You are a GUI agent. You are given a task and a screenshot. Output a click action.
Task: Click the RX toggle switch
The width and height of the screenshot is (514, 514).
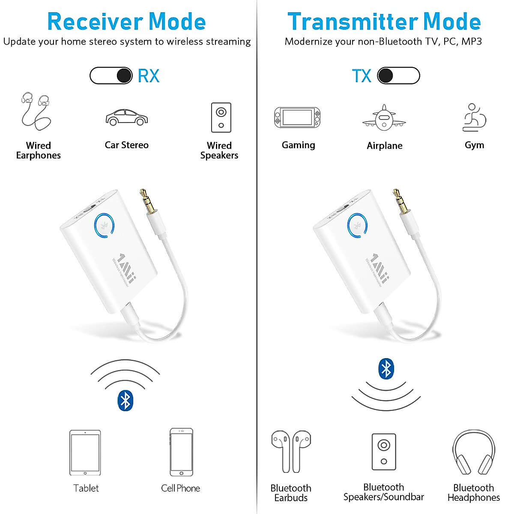pos(111,76)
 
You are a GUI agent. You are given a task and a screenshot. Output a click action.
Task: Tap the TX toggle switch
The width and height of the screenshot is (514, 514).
pos(398,76)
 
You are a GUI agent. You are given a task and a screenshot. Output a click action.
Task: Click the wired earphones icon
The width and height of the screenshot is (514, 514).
pos(36,111)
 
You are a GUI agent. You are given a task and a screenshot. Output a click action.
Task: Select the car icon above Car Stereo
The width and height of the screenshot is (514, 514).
pos(127,117)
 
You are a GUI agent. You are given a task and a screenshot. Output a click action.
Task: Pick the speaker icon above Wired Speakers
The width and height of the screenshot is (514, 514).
pos(221,117)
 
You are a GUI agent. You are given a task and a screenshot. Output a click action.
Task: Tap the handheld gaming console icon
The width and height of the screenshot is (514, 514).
pos(297,117)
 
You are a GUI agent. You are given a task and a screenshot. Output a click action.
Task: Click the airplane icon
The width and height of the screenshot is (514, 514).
pos(384,117)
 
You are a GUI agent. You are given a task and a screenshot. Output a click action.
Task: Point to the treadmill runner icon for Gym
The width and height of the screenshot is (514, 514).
pos(474,117)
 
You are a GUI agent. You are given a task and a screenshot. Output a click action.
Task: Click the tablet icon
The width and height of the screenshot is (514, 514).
pos(85,453)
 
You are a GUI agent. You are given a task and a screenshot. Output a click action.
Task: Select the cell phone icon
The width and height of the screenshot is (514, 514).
pos(181,452)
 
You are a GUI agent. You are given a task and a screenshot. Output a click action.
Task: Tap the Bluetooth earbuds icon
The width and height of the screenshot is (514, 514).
pos(291,451)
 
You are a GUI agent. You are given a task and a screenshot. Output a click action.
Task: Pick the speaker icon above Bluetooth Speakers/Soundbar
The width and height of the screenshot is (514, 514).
pos(384,452)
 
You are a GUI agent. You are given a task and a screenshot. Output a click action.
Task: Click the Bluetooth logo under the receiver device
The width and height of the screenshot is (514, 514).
pos(125,401)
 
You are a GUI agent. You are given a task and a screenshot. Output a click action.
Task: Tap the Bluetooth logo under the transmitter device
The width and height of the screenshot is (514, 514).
pos(386,369)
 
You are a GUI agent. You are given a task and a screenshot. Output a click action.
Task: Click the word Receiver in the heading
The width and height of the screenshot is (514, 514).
pos(95,22)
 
